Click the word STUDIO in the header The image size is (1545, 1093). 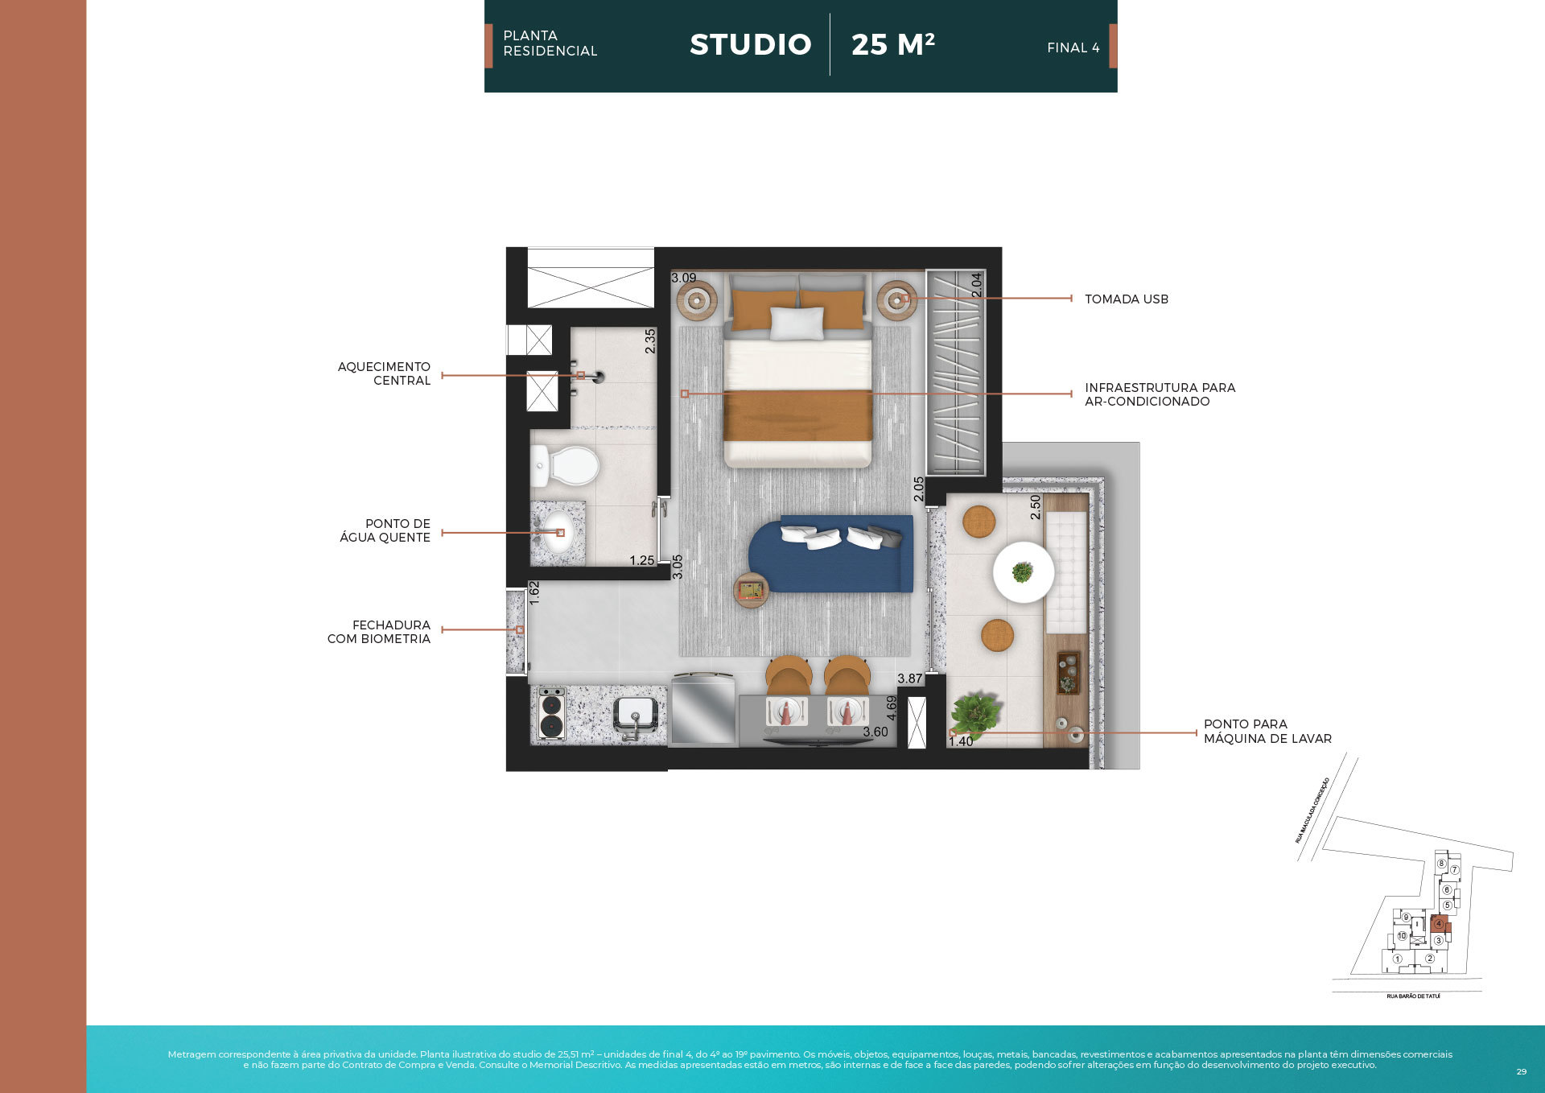coord(750,44)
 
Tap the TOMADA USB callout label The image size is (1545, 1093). coord(1126,299)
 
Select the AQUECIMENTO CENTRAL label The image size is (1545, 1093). coord(384,373)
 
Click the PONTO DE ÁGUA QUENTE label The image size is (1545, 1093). coord(385,530)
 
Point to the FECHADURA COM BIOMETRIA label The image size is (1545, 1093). coord(379,632)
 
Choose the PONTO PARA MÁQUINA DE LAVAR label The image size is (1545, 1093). coord(1267,732)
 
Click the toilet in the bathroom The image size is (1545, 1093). coord(568,466)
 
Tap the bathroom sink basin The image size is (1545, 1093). coord(557,535)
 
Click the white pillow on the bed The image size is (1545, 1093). coord(797,323)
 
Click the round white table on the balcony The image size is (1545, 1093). coord(1023,572)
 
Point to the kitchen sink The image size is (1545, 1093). coord(636,713)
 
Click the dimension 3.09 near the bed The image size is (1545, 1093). coord(683,278)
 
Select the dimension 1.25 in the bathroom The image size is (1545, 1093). coord(641,560)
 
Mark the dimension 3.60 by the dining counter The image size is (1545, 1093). coord(875,732)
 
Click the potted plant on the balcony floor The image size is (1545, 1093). coord(974,712)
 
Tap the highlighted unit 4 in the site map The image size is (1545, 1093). coord(1439,924)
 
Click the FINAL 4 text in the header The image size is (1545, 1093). coord(1073,48)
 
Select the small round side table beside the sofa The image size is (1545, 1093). coord(752,591)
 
